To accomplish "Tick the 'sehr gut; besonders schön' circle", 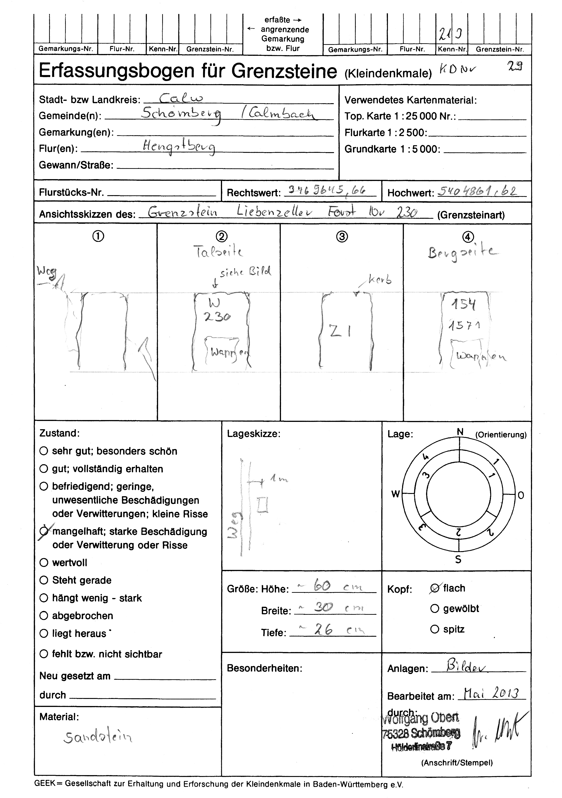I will (x=44, y=451).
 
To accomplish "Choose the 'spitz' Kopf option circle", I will (x=435, y=629).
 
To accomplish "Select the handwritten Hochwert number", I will (x=477, y=191).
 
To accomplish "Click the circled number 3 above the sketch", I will (x=342, y=237).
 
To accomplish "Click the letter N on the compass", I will (x=460, y=432).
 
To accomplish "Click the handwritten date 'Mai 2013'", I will (x=491, y=694).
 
